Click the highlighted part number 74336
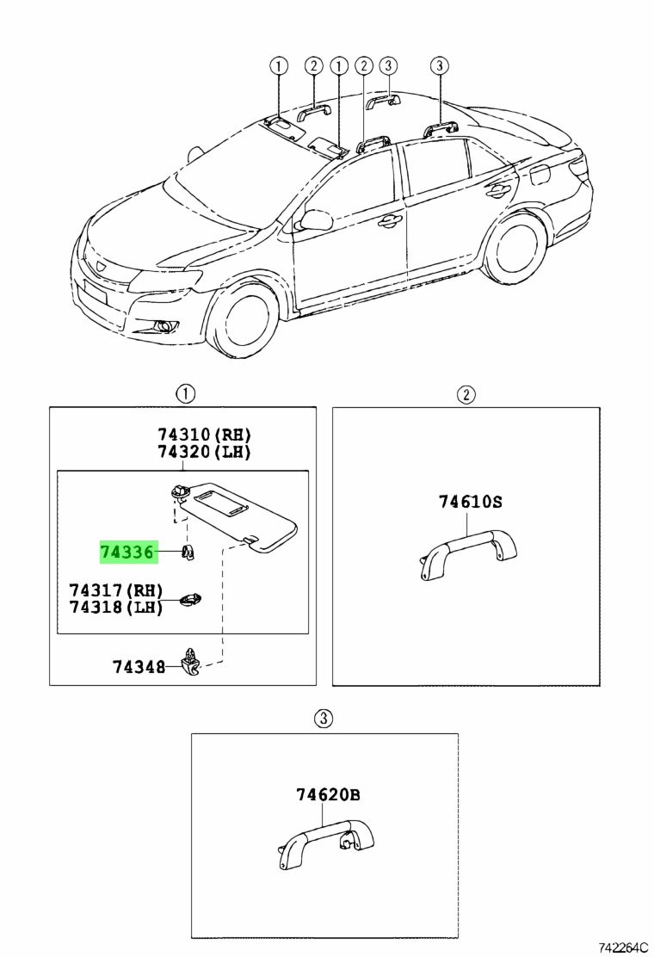[126, 552]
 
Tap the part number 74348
[139, 666]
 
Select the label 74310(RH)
[205, 435]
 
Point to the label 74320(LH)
[205, 453]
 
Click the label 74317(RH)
[116, 590]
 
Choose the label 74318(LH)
[116, 608]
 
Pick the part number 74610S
[471, 502]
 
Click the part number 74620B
[328, 794]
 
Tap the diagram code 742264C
[623, 948]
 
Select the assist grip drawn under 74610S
[468, 553]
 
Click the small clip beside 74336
[188, 553]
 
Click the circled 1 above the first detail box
[186, 393]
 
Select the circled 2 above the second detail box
[466, 394]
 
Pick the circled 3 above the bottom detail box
[324, 719]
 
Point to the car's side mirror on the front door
[315, 220]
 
